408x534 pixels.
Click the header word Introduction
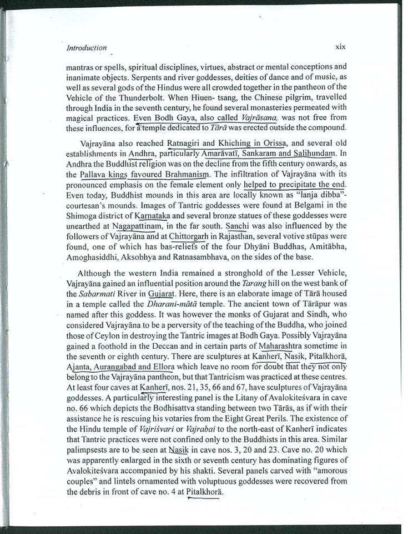click(x=87, y=48)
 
